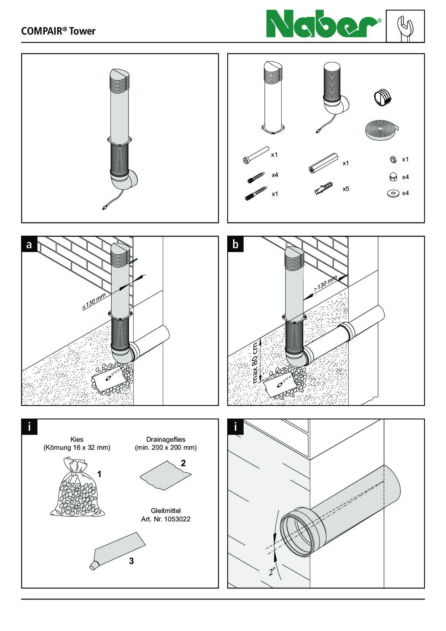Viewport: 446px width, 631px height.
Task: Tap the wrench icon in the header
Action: point(405,27)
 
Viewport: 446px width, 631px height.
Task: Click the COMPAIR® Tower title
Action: point(58,31)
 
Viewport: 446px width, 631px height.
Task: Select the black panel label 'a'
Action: point(29,244)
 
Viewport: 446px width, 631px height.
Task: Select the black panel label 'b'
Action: point(235,244)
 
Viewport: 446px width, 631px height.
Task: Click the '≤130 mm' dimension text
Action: point(94,302)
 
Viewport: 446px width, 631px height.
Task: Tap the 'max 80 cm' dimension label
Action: point(255,362)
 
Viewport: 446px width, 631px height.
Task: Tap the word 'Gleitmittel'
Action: point(166,510)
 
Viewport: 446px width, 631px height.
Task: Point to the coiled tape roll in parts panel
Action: point(381,129)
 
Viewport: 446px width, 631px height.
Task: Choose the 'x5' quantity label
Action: point(346,189)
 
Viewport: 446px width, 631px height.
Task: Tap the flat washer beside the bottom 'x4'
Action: point(392,193)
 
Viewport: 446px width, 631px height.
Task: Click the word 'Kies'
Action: point(77,439)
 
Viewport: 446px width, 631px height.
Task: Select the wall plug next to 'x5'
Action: point(324,190)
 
